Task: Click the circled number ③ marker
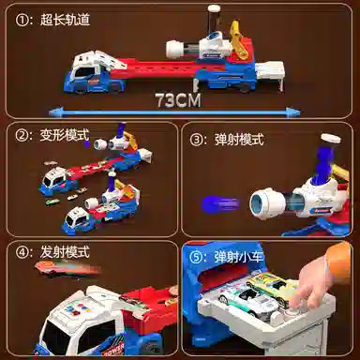click(197, 139)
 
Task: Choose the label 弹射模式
click(238, 139)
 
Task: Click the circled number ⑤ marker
click(197, 254)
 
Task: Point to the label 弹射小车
click(237, 254)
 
